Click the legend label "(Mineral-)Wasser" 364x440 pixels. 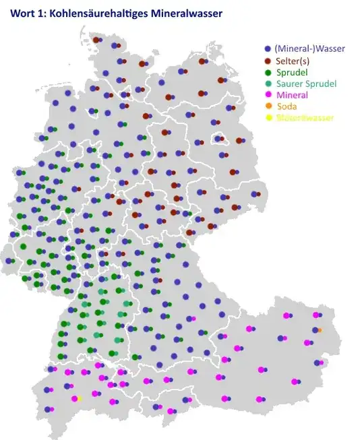point(305,49)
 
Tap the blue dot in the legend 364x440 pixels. point(268,49)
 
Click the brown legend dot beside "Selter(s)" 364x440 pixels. point(268,61)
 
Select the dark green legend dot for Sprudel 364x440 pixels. point(268,72)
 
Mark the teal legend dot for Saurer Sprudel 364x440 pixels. point(268,84)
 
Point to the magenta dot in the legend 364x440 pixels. point(268,95)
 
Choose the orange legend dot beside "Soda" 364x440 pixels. point(268,106)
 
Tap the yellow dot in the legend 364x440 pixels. point(268,118)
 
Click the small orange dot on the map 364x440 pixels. point(320,329)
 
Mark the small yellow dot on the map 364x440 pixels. point(80,399)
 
